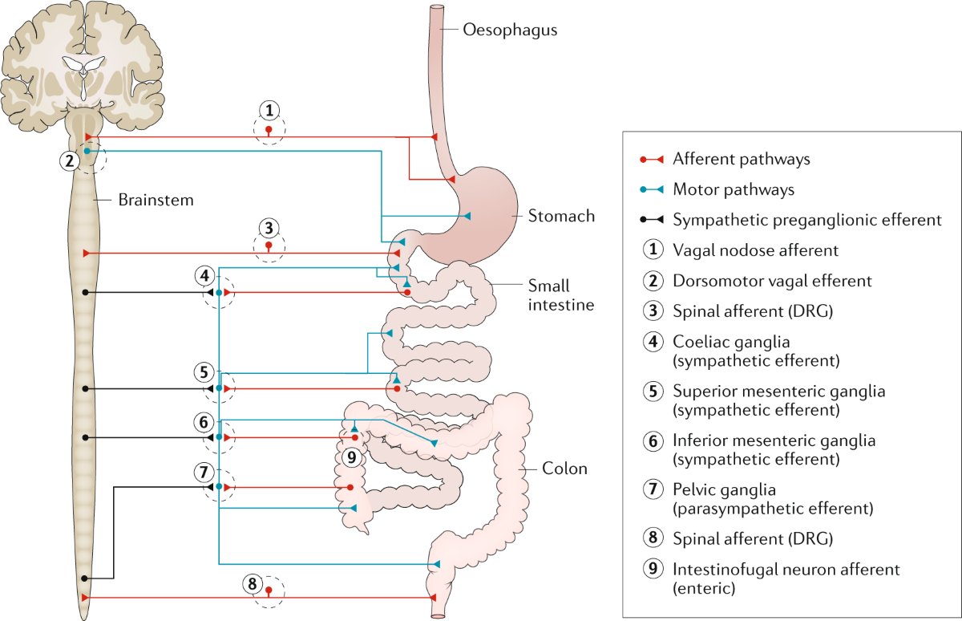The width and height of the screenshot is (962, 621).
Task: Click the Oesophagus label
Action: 510,30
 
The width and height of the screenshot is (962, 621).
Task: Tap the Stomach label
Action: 561,216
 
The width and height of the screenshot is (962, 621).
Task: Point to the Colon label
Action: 564,469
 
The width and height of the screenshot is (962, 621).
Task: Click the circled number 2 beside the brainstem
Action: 70,160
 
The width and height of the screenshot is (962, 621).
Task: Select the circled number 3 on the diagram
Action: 269,227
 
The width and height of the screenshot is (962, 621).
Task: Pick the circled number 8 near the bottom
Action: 253,583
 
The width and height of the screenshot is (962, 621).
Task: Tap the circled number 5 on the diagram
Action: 204,372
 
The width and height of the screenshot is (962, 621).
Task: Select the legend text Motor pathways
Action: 734,189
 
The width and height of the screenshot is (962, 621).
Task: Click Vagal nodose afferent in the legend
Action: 755,250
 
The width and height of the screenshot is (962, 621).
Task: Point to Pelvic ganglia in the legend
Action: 725,489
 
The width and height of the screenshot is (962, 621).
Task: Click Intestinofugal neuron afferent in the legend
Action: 786,569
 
